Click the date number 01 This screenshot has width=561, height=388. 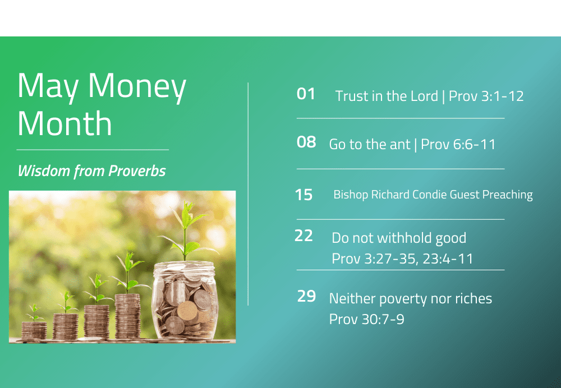(x=306, y=94)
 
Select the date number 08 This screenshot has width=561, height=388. (x=306, y=142)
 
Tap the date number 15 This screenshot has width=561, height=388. (x=304, y=195)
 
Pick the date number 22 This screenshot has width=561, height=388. (x=304, y=235)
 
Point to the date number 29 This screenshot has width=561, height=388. (x=307, y=296)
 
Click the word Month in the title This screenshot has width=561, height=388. (x=65, y=123)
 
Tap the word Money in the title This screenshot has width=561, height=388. (x=137, y=87)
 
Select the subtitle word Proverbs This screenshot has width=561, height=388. (x=137, y=171)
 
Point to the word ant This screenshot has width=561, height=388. (x=400, y=145)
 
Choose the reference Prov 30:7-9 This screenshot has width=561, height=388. (x=367, y=319)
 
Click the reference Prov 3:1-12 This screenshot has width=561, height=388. (x=486, y=96)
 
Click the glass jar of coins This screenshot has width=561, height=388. (x=185, y=301)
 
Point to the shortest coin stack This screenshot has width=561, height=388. (x=34, y=331)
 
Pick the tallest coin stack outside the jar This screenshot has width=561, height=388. (x=128, y=316)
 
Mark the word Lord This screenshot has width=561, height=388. (x=424, y=96)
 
